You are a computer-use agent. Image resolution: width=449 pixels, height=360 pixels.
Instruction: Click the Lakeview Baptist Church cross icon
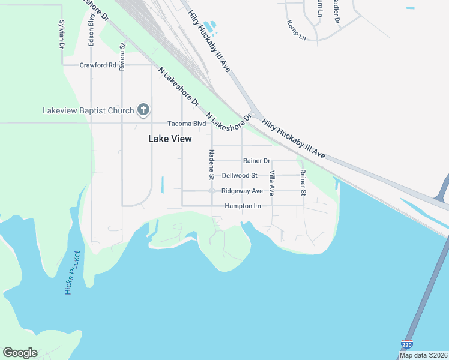pyautogui.click(x=143, y=109)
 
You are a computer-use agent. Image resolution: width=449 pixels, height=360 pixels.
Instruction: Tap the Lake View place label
pyautogui.click(x=170, y=139)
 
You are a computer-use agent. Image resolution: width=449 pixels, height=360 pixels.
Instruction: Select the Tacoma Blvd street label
pyautogui.click(x=186, y=124)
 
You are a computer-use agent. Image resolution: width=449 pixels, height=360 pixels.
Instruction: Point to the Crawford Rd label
pyautogui.click(x=98, y=65)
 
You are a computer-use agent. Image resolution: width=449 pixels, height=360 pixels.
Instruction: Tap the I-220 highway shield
pyautogui.click(x=406, y=344)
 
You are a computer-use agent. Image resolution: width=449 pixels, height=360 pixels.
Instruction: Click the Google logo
pyautogui.click(x=20, y=353)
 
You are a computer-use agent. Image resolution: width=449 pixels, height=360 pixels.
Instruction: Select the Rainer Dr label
pyautogui.click(x=256, y=161)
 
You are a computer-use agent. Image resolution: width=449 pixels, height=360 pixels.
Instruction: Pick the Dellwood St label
pyautogui.click(x=240, y=176)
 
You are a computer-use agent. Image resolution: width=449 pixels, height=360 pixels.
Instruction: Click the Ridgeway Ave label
pyautogui.click(x=242, y=191)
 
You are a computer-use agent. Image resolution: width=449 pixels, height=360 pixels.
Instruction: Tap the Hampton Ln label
pyautogui.click(x=243, y=206)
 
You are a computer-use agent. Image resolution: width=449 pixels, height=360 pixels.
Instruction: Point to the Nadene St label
pyautogui.click(x=211, y=164)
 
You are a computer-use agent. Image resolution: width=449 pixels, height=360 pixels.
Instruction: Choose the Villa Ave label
pyautogui.click(x=272, y=183)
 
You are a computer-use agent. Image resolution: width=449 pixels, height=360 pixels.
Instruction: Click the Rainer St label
pyautogui.click(x=303, y=183)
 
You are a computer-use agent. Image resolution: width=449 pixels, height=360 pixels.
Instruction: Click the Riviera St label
pyautogui.click(x=122, y=56)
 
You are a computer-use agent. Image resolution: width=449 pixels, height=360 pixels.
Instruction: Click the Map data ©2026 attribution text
pyautogui.click(x=424, y=355)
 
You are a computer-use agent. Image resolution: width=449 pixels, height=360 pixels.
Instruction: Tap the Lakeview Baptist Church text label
pyautogui.click(x=88, y=110)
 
